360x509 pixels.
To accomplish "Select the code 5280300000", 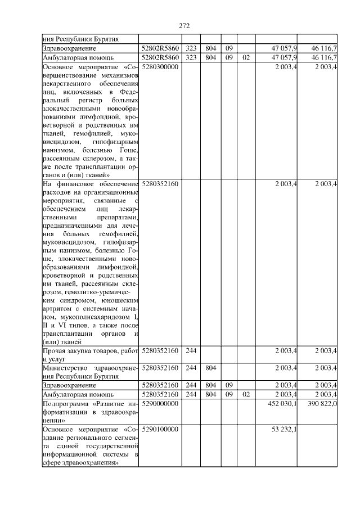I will tap(160, 67).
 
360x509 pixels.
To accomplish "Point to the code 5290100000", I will tap(160, 430).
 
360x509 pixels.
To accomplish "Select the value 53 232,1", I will tap(286, 430).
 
